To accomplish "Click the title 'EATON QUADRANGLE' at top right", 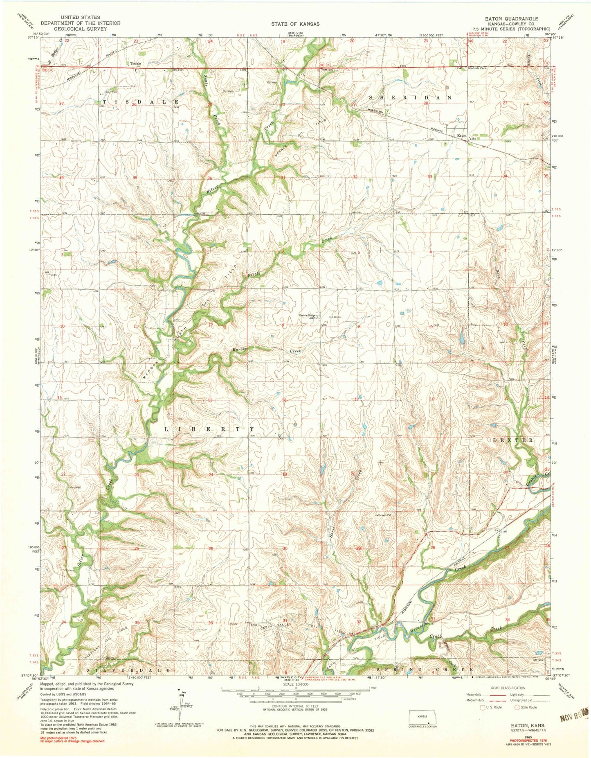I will click(x=511, y=19).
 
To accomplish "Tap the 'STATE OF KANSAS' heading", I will click(x=295, y=24).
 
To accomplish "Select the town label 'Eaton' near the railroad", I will click(x=461, y=135).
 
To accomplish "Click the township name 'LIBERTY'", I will click(x=209, y=429).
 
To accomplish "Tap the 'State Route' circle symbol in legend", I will click(x=517, y=706).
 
